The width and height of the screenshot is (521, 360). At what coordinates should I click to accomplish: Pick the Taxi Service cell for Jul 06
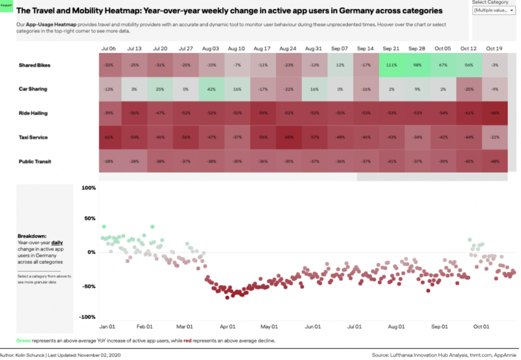pos(109,137)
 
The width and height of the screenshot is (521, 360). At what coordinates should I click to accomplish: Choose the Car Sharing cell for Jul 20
pos(160,89)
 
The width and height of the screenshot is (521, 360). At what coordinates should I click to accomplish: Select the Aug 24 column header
pos(288,49)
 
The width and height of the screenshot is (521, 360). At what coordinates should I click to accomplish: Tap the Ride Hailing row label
pos(33,113)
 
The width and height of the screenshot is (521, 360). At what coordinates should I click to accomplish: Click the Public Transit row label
pos(35,162)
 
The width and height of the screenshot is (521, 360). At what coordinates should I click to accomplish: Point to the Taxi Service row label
pos(33,137)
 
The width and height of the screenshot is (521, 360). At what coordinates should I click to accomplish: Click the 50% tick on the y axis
pos(89,219)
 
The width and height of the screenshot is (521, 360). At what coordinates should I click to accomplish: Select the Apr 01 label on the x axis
pos(228,327)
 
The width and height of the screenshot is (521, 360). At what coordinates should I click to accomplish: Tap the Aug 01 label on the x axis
pos(396,327)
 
